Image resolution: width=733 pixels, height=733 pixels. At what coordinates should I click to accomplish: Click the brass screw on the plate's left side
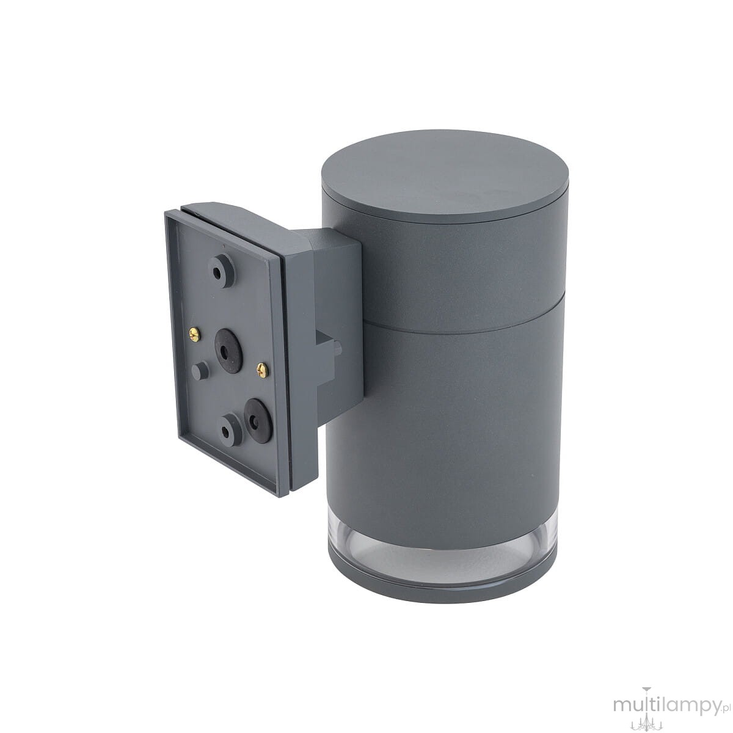[194, 334]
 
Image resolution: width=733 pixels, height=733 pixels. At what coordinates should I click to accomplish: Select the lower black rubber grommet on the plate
[258, 420]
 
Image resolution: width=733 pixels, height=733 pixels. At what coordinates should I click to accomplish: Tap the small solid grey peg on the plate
[200, 370]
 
